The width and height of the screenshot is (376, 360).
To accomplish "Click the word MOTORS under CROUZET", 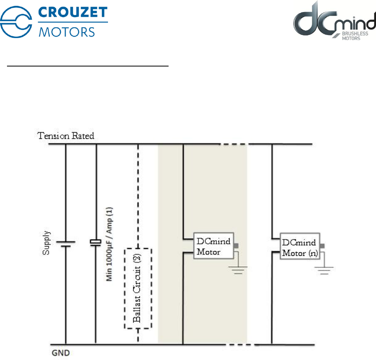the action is [67, 31].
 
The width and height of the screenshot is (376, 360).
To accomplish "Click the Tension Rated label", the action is [66, 136].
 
